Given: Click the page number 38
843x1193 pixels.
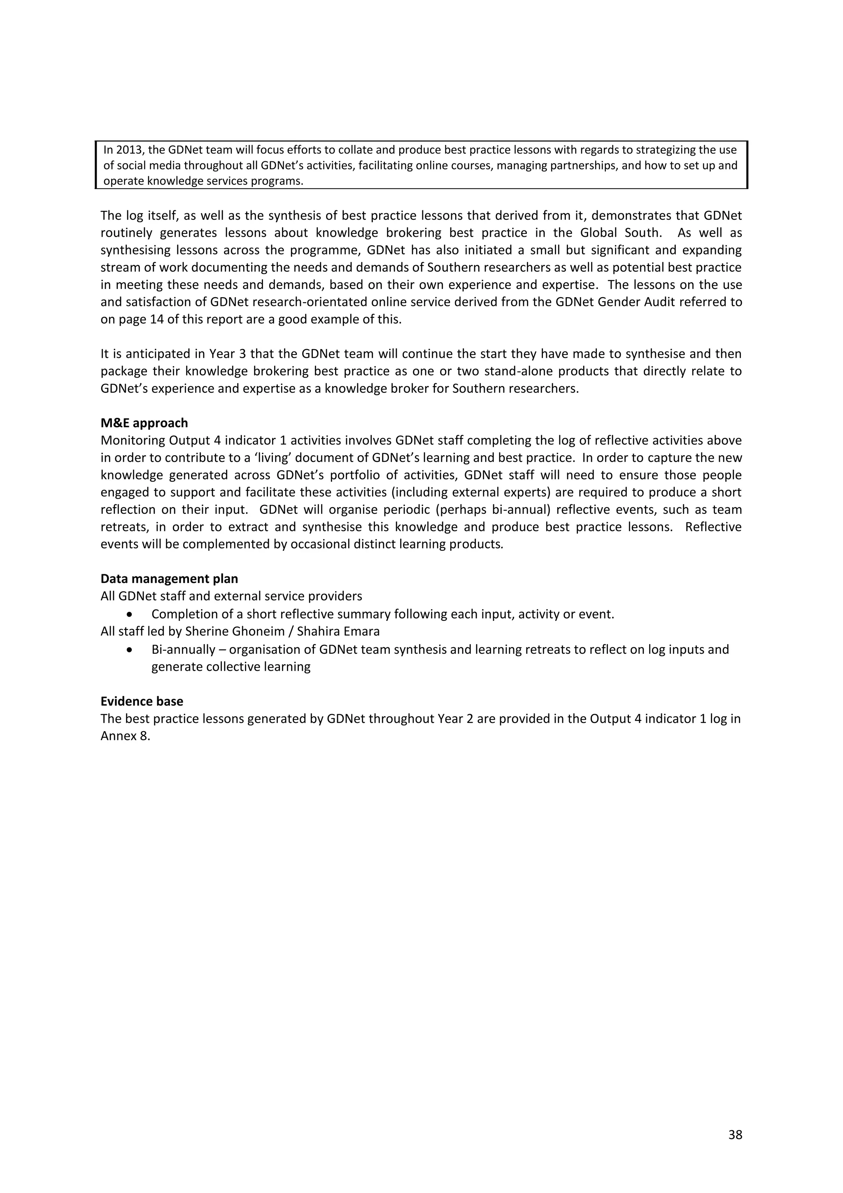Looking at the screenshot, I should (x=735, y=1134).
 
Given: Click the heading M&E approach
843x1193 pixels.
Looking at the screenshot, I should (x=144, y=423).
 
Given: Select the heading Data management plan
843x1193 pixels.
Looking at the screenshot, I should (x=169, y=578).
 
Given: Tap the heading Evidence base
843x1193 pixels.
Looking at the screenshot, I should (x=142, y=701).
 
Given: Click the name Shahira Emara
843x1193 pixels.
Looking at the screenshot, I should (x=338, y=631).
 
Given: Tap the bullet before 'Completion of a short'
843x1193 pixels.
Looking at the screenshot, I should (x=130, y=615).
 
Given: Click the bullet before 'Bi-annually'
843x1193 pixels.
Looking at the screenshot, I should (x=130, y=650).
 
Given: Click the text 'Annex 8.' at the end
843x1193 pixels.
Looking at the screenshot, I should (x=125, y=736).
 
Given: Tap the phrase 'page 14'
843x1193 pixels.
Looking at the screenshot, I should (x=136, y=319).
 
